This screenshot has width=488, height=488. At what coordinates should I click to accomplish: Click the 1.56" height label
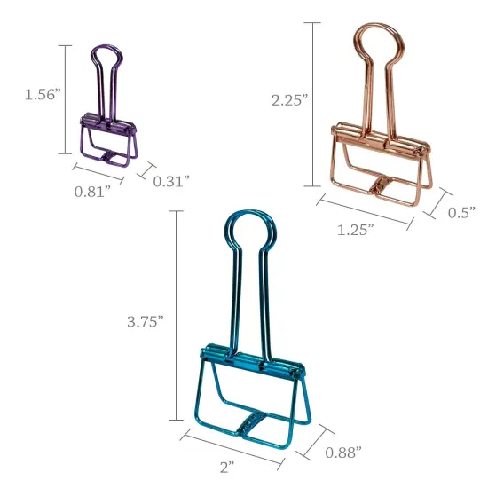point(42,94)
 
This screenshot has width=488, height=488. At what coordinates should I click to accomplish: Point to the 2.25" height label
point(289,100)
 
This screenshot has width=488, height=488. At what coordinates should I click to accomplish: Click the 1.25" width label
point(355,229)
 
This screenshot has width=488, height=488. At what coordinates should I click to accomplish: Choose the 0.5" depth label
point(461,212)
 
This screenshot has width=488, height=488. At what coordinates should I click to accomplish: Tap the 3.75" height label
point(146,321)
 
